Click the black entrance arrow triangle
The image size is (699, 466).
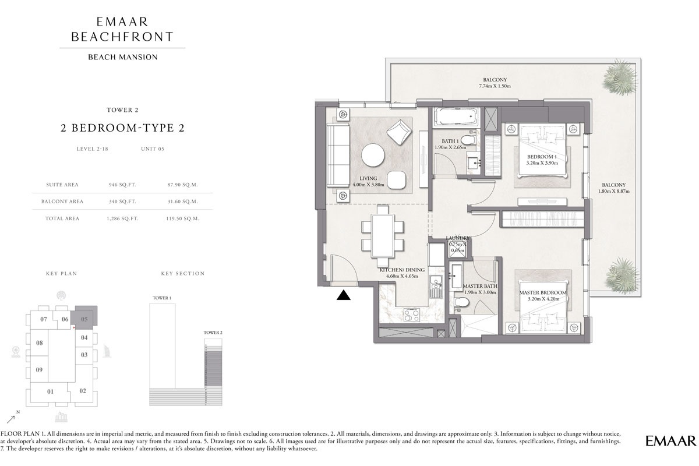[344, 295]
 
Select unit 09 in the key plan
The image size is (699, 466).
[39, 370]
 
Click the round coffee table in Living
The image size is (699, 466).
[373, 156]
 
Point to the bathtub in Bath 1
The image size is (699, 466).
[456, 116]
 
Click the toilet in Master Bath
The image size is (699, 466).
[461, 303]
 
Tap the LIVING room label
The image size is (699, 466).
[368, 178]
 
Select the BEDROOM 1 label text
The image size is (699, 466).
[542, 157]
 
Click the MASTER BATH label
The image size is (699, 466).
[479, 286]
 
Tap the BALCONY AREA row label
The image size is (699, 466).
[62, 202]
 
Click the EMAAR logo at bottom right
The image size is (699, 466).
[670, 440]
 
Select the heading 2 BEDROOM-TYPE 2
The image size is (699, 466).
[122, 129]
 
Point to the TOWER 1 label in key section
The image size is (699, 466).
[161, 298]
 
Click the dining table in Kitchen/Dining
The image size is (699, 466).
[383, 234]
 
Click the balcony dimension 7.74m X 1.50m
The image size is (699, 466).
[494, 86]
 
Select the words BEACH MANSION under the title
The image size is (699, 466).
[122, 57]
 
